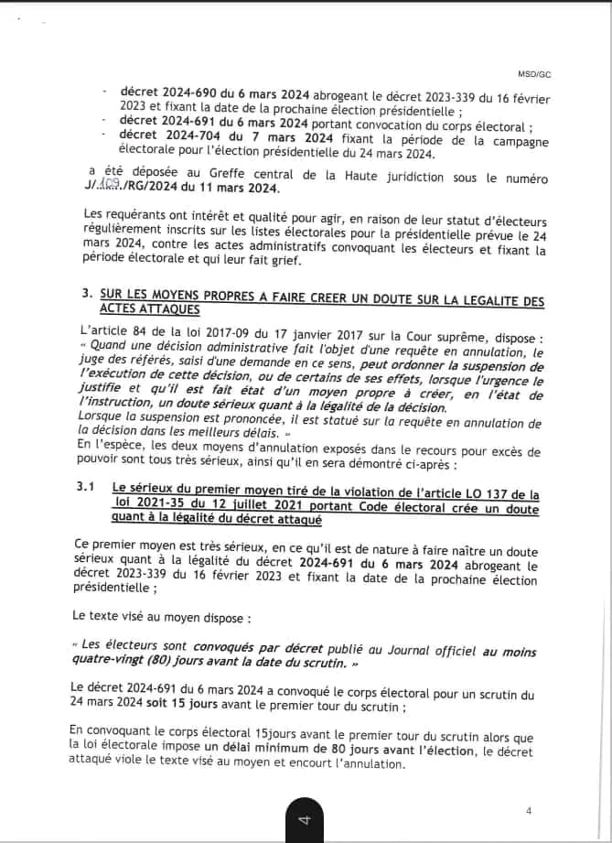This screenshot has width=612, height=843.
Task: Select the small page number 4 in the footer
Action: coord(529,810)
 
